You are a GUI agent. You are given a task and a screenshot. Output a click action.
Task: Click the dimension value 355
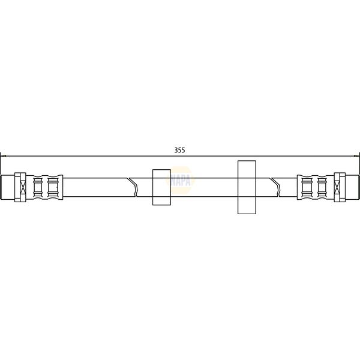coord(179,150)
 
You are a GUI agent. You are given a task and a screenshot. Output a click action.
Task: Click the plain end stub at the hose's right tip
coord(354,187)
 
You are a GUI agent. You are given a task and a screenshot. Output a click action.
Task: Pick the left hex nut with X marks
coord(19,187)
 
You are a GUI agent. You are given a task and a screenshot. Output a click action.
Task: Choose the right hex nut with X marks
coord(339,187)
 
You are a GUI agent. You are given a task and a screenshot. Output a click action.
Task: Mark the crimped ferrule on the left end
coord(46,187)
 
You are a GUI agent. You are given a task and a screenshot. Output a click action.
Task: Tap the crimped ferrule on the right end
coord(313,187)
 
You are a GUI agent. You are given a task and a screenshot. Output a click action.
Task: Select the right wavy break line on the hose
coord(275,187)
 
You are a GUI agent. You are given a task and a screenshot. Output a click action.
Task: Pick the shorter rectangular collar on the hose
coord(161,187)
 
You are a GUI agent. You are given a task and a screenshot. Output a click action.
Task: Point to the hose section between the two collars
coord(204,187)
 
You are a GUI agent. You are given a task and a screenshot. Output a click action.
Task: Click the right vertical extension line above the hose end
coord(358,165)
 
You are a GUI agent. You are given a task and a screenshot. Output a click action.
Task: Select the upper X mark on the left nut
coord(20,179)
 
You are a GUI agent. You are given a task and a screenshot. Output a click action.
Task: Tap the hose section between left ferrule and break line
coord(96,187)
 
